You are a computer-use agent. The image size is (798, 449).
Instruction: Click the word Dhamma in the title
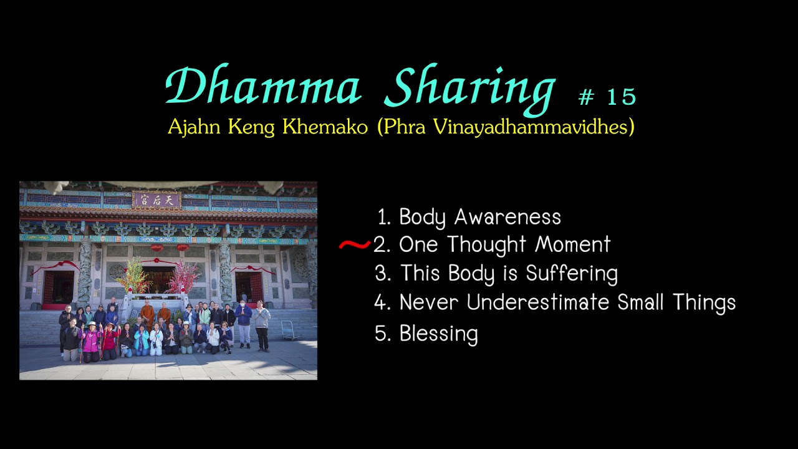tap(263, 87)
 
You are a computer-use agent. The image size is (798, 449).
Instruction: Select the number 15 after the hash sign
tap(621, 97)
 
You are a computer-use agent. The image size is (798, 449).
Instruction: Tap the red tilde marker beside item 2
tap(354, 245)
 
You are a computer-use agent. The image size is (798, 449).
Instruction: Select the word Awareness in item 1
tap(507, 218)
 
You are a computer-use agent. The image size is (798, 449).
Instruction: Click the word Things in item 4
tap(704, 303)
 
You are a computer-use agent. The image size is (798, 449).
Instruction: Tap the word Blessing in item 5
tap(438, 334)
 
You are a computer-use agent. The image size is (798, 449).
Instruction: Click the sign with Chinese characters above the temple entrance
tap(156, 200)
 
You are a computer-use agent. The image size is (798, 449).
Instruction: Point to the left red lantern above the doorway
tap(156, 248)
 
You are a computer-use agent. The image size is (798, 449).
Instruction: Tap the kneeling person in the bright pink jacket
tap(91, 340)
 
